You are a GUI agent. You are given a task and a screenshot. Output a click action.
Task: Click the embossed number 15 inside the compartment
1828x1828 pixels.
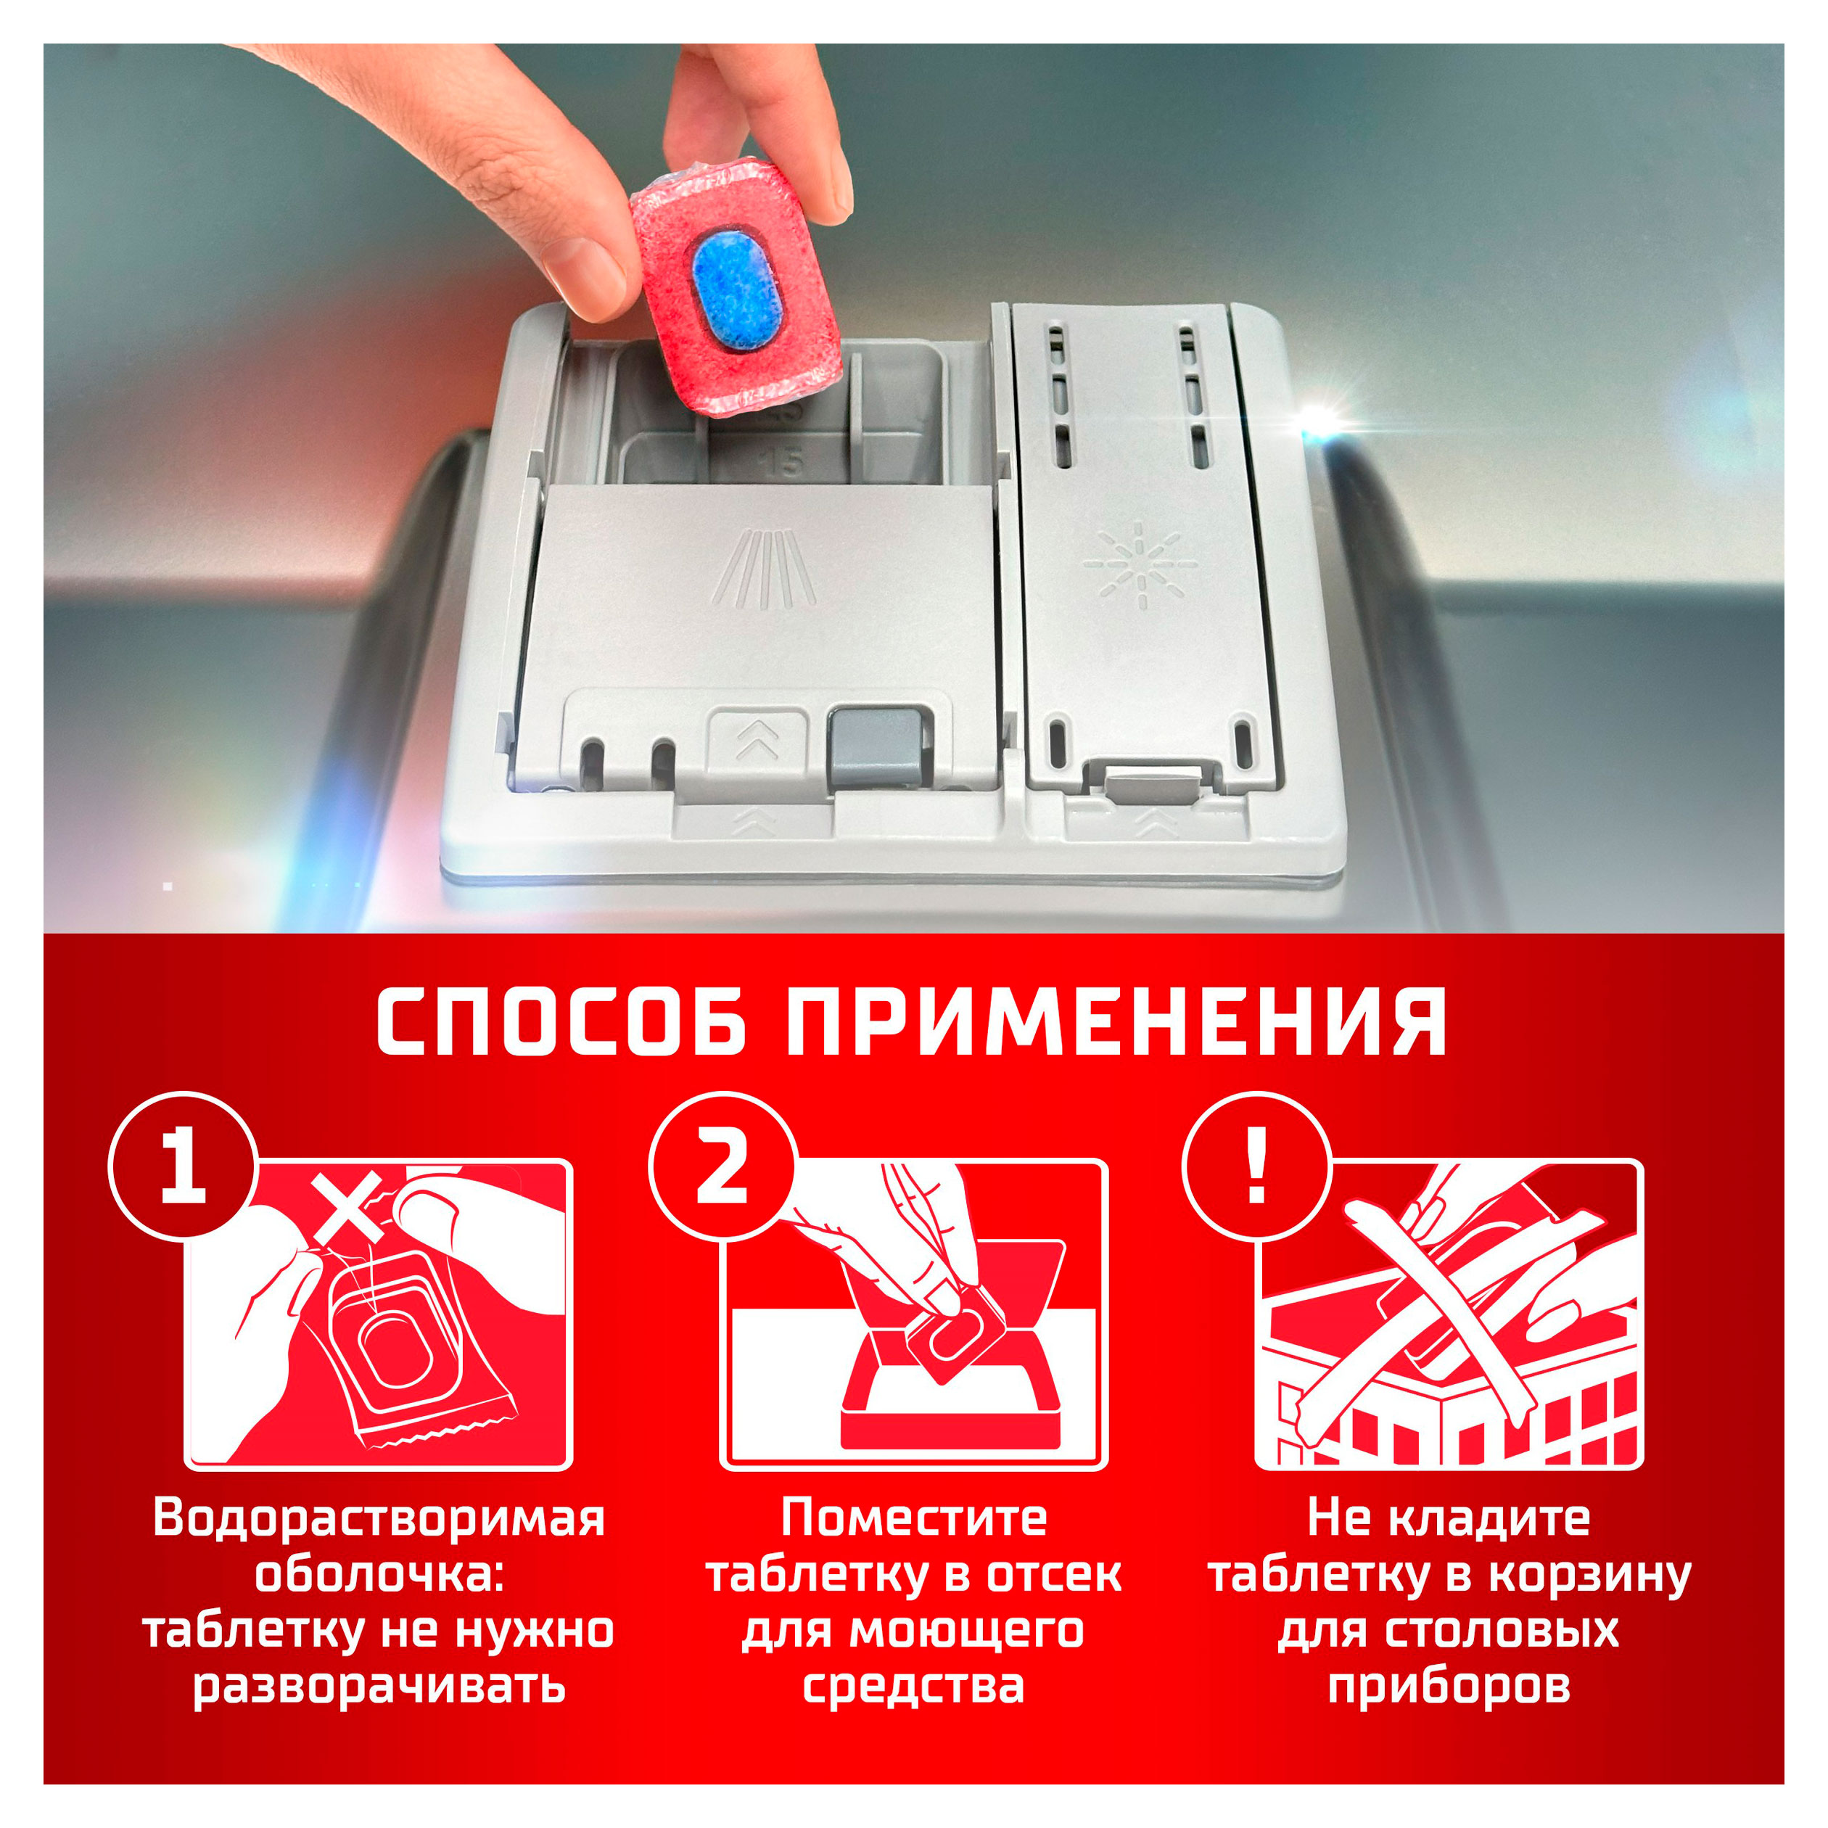click(781, 463)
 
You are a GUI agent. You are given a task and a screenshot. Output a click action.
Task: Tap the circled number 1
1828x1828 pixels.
click(184, 1166)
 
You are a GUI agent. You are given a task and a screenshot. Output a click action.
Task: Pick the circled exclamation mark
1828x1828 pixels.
click(1256, 1166)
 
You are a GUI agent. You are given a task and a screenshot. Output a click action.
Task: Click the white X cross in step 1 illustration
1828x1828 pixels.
click(348, 1207)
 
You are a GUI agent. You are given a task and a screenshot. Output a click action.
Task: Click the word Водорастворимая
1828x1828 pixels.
click(379, 1518)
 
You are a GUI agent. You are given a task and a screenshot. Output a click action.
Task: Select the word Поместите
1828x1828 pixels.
click(914, 1518)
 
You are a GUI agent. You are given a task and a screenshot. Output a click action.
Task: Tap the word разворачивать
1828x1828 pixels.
click(379, 1686)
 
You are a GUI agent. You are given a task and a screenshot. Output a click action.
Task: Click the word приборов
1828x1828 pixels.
click(1449, 1686)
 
